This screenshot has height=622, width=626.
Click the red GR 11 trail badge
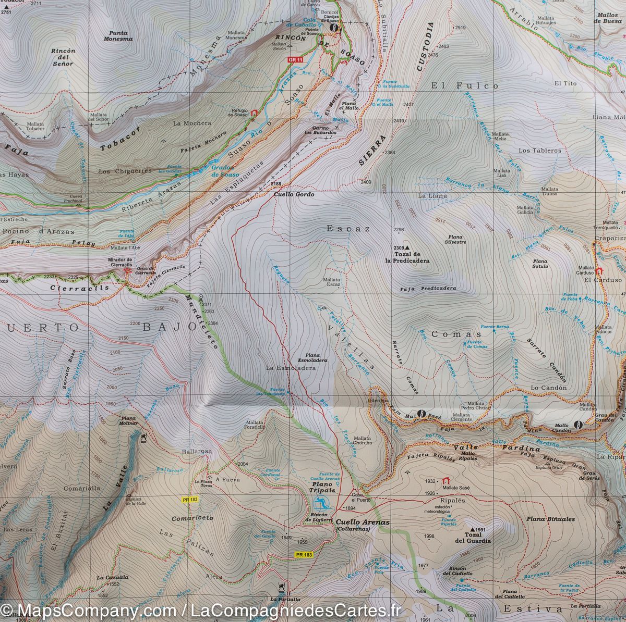coord(295,60)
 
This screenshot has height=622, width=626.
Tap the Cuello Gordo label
coord(294,194)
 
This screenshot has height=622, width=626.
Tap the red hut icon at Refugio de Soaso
coord(255,113)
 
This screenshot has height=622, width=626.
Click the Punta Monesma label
coord(115,36)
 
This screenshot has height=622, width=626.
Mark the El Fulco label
coord(465,85)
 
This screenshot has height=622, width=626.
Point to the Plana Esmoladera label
coord(312,357)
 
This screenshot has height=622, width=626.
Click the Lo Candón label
coord(548,388)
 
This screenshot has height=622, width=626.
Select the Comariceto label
coord(192,518)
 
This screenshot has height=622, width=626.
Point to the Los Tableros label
coord(540,151)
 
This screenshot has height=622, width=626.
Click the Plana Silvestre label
coord(455,240)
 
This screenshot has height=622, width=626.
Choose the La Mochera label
coord(192,123)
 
